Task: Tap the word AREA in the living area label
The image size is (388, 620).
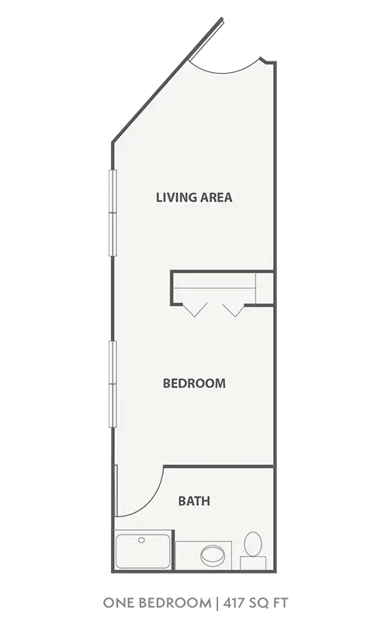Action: [x=217, y=197]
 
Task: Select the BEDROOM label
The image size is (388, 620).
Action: [x=194, y=383]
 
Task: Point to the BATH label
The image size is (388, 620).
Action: [x=194, y=501]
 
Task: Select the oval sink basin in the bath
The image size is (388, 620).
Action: [x=211, y=555]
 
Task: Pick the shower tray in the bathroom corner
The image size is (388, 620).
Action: [x=144, y=553]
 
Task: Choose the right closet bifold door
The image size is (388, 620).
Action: [x=232, y=309]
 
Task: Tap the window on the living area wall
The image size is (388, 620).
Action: [x=113, y=213]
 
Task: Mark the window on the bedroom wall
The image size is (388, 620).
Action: [x=113, y=383]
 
